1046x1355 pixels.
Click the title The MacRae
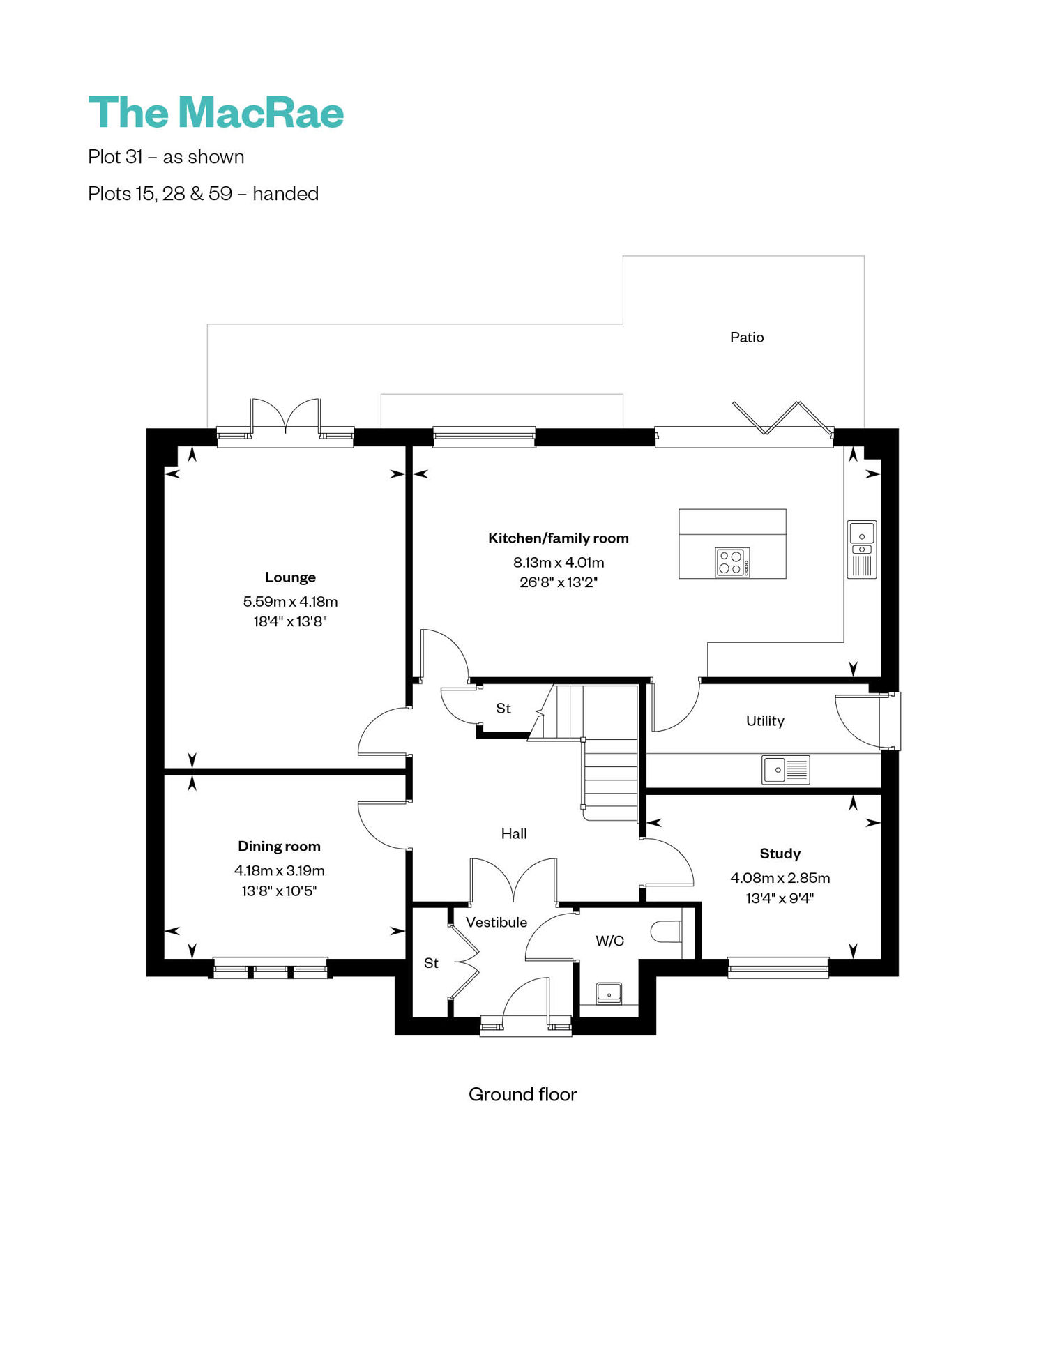[216, 113]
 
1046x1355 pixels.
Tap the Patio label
[747, 338]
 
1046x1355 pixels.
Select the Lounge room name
[290, 577]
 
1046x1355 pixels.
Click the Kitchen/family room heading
[559, 538]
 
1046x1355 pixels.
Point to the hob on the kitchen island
[732, 562]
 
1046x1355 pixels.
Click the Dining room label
[279, 847]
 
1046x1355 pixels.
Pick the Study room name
[780, 854]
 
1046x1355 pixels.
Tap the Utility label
[765, 721]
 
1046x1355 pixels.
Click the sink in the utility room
[786, 770]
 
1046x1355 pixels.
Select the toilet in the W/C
[666, 932]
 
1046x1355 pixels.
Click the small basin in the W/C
[609, 992]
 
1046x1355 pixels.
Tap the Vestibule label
[497, 923]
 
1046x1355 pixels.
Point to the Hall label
[514, 834]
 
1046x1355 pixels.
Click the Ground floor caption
[523, 1095]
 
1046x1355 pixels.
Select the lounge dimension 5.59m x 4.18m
[290, 602]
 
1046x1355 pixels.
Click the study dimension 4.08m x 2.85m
[780, 878]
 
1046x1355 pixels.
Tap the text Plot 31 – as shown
[166, 157]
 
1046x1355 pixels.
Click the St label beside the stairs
[503, 709]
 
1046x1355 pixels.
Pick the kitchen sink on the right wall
[862, 550]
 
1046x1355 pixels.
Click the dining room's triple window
[271, 968]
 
